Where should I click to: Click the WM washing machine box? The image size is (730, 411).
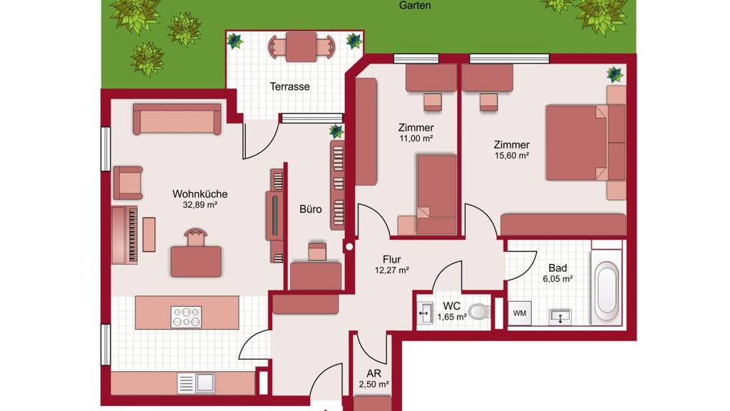coord(520,313)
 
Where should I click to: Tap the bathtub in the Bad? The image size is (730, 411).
coord(607,291)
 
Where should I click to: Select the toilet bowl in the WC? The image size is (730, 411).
coord(479,311)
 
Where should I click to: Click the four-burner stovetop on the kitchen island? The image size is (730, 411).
coord(186,317)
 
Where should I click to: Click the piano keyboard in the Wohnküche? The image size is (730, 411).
coord(125,235)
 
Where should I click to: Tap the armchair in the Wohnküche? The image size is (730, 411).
coord(128,183)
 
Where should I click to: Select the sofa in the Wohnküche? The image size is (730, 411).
coord(177,119)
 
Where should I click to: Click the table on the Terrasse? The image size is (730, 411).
coord(302,46)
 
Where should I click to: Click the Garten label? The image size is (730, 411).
coord(415,6)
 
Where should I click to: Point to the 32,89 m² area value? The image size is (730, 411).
coord(200,205)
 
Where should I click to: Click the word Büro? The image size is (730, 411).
coord(311,209)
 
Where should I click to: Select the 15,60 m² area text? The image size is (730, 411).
coord(512,156)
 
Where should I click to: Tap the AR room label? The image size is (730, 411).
coord(374,374)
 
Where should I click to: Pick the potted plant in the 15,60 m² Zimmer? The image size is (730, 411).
coord(615,74)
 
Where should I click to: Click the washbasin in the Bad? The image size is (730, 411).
coord(560,317)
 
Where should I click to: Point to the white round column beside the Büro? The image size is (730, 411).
coord(349,247)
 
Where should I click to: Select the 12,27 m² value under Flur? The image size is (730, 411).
coord(391,270)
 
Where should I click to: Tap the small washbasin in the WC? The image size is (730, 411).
coord(425,313)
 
